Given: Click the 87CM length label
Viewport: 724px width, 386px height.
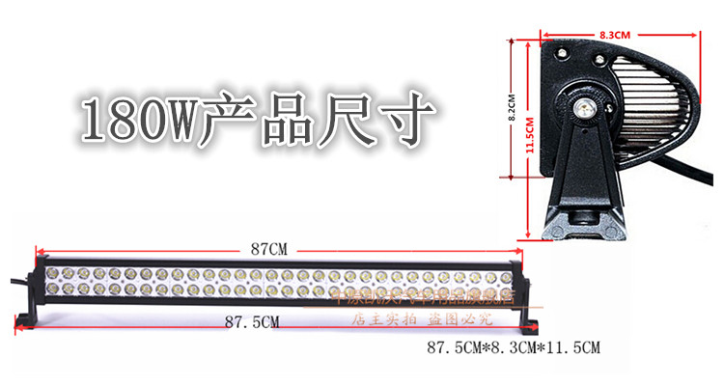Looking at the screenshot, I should coord(268,249).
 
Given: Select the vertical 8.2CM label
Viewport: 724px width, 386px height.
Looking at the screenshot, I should coord(515,100).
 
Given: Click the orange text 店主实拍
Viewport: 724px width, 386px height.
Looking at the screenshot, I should coord(383,317).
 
